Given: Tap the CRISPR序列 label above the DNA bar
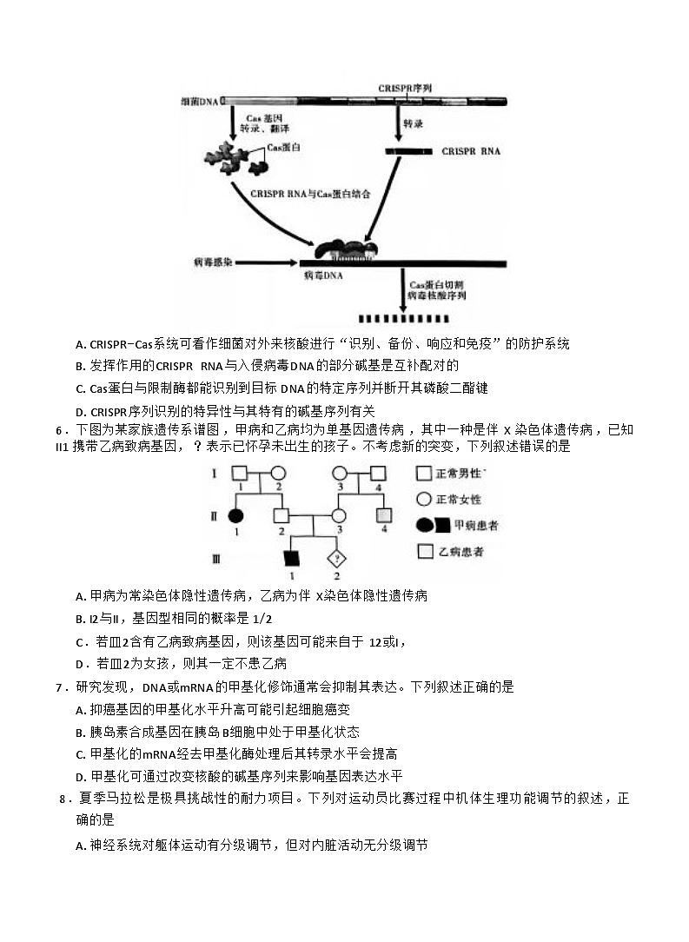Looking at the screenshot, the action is pyautogui.click(x=404, y=89).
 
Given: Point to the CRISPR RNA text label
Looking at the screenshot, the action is pyautogui.click(x=470, y=150).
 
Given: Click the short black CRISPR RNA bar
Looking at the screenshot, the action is pyautogui.click(x=408, y=151).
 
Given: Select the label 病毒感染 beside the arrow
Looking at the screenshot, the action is pyautogui.click(x=211, y=261).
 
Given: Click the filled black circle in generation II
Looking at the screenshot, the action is pyautogui.click(x=235, y=516).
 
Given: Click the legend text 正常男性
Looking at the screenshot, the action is pyautogui.click(x=460, y=474).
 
